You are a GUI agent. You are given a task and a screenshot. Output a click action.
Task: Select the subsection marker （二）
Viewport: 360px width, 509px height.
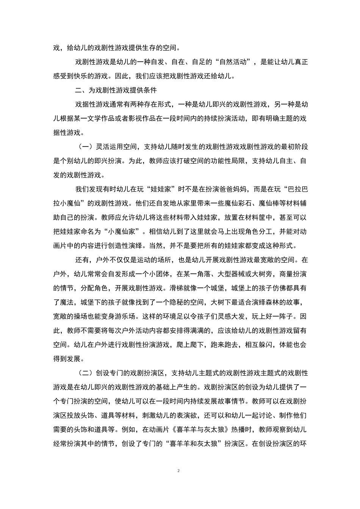85,373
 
